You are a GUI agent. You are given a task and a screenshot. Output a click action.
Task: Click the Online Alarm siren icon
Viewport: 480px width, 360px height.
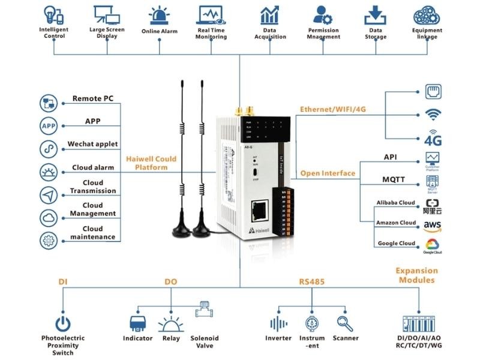pyautogui.click(x=159, y=15)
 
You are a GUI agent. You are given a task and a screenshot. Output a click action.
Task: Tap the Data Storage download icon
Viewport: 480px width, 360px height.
pyautogui.click(x=375, y=14)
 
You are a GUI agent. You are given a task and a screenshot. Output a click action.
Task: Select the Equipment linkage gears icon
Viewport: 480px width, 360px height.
pyautogui.click(x=427, y=14)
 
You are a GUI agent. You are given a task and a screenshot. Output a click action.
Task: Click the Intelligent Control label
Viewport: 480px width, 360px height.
pyautogui.click(x=54, y=33)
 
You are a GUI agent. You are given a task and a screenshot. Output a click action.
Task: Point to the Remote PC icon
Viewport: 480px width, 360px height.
pyautogui.click(x=48, y=103)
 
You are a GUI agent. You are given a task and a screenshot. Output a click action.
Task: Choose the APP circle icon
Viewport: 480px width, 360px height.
pyautogui.click(x=48, y=126)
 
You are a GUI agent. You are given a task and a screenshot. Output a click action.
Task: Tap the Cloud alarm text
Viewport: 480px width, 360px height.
pyautogui.click(x=93, y=167)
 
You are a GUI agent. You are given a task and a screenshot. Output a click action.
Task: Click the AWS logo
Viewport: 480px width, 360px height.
pyautogui.click(x=433, y=226)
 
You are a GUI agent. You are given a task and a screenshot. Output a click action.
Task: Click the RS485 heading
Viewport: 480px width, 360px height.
pyautogui.click(x=311, y=281)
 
